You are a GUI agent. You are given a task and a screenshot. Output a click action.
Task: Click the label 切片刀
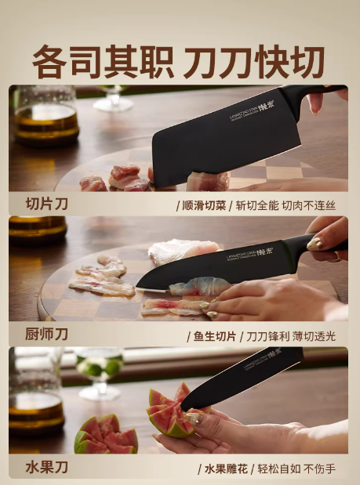[x=46, y=204]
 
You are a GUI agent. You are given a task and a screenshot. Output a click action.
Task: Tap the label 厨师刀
[x=46, y=335]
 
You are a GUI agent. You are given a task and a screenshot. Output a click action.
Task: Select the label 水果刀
[x=46, y=467]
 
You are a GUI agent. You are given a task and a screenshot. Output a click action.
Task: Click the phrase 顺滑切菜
[x=204, y=206]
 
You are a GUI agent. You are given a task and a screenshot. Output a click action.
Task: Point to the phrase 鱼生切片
[x=215, y=337]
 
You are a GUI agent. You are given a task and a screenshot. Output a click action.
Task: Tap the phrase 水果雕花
[x=226, y=469]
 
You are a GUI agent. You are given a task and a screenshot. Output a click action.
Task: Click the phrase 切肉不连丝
[x=309, y=206]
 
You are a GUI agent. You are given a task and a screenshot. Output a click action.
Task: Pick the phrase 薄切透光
[x=314, y=337]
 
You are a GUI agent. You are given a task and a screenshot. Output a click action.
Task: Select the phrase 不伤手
[x=320, y=469]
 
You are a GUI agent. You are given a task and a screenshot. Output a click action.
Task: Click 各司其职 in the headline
[x=103, y=62]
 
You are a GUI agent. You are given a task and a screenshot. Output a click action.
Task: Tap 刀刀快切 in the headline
[x=254, y=62]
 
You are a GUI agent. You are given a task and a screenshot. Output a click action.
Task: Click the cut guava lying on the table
[x=106, y=435]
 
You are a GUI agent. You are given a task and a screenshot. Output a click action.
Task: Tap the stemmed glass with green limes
[x=99, y=374]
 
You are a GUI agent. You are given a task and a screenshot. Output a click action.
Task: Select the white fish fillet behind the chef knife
[x=184, y=252]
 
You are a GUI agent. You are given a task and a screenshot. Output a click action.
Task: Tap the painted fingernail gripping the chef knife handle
[x=315, y=244]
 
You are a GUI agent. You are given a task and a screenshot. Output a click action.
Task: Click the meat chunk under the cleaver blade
[x=208, y=181]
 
